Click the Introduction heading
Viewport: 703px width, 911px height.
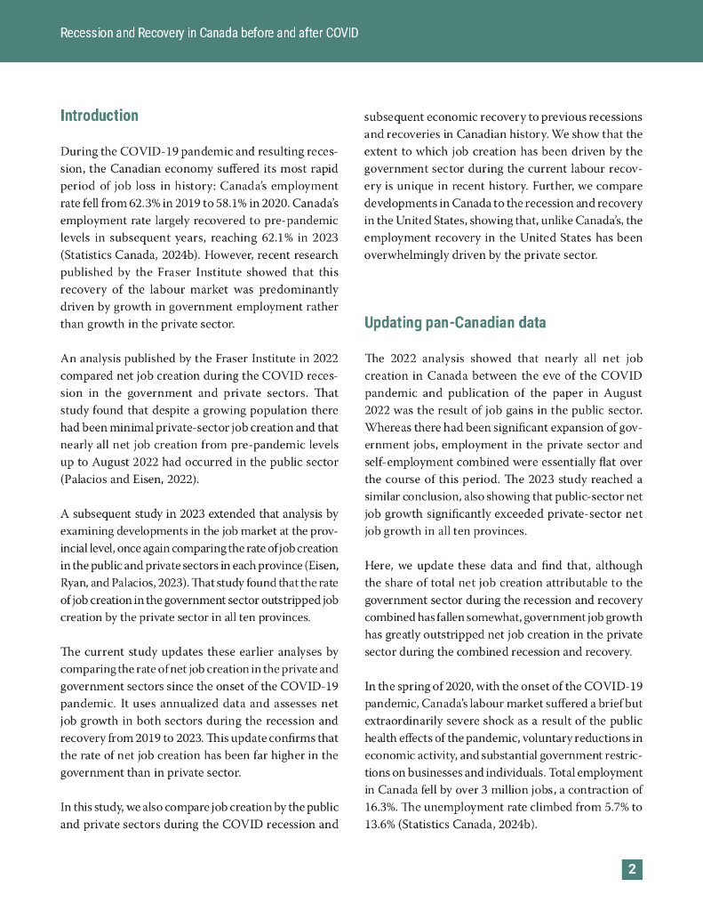pos(99,116)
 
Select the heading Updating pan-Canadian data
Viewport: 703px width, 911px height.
pos(455,322)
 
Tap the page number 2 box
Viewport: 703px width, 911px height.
pos(632,869)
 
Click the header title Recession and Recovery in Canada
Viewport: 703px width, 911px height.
pos(209,33)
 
